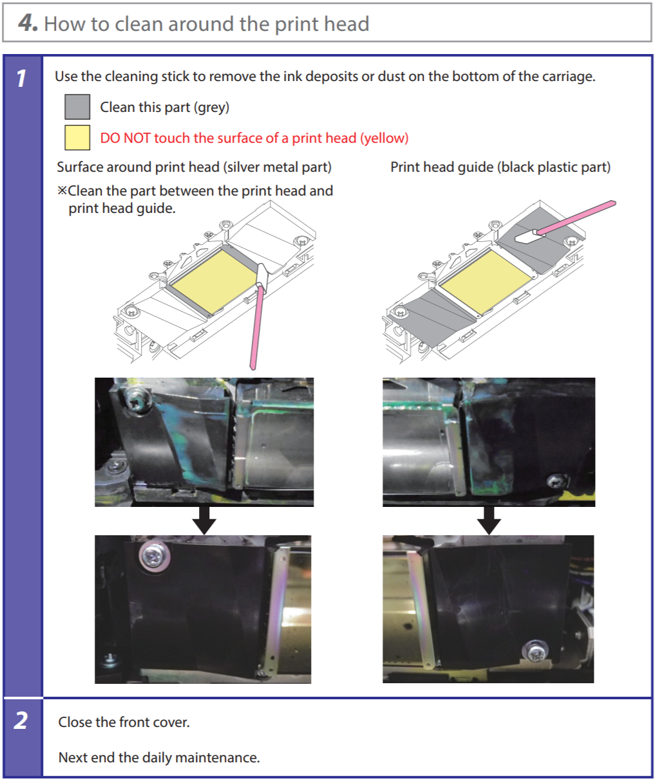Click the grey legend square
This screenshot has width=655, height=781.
(77, 107)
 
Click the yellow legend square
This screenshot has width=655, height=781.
(77, 137)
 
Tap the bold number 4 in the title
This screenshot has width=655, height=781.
(27, 23)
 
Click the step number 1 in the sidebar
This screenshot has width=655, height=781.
(21, 78)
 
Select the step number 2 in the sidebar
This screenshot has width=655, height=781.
(21, 720)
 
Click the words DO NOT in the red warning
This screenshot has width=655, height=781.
(125, 138)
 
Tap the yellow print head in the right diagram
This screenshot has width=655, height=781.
(486, 281)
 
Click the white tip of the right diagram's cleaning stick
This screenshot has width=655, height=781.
(526, 235)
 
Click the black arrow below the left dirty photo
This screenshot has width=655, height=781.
(204, 520)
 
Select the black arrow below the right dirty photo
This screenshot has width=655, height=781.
(489, 520)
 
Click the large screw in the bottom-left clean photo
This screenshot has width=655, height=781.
(155, 556)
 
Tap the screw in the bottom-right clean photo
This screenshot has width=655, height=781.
(536, 651)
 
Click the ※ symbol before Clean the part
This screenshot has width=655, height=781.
(62, 190)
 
